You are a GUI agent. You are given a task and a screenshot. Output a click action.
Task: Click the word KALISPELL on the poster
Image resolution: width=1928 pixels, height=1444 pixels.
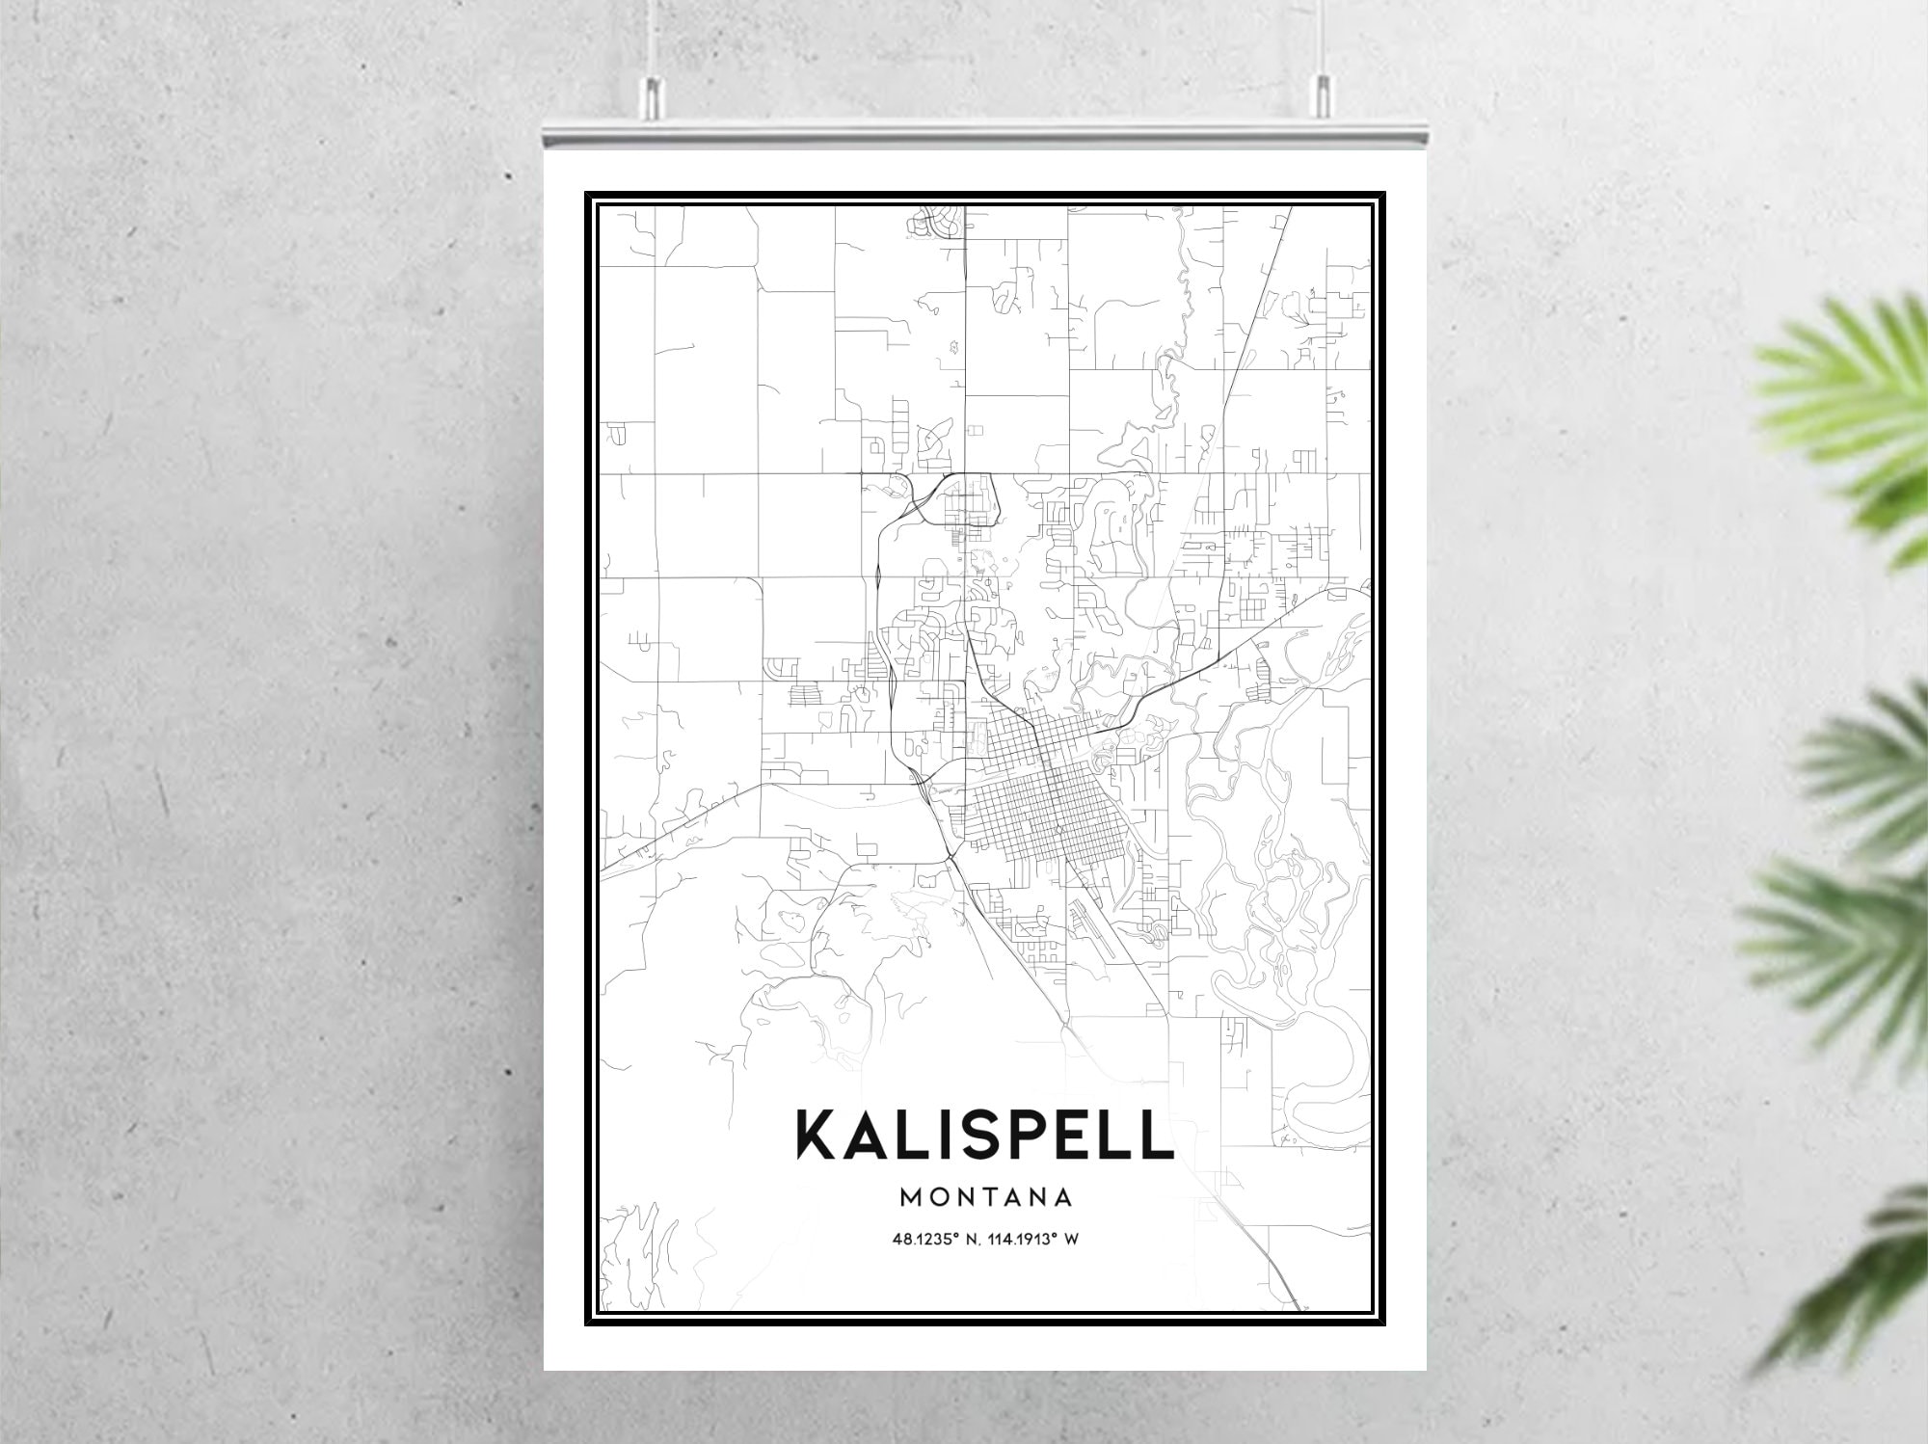(983, 1135)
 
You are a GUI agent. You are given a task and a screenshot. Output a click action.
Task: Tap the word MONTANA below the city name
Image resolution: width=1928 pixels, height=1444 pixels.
(985, 1198)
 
